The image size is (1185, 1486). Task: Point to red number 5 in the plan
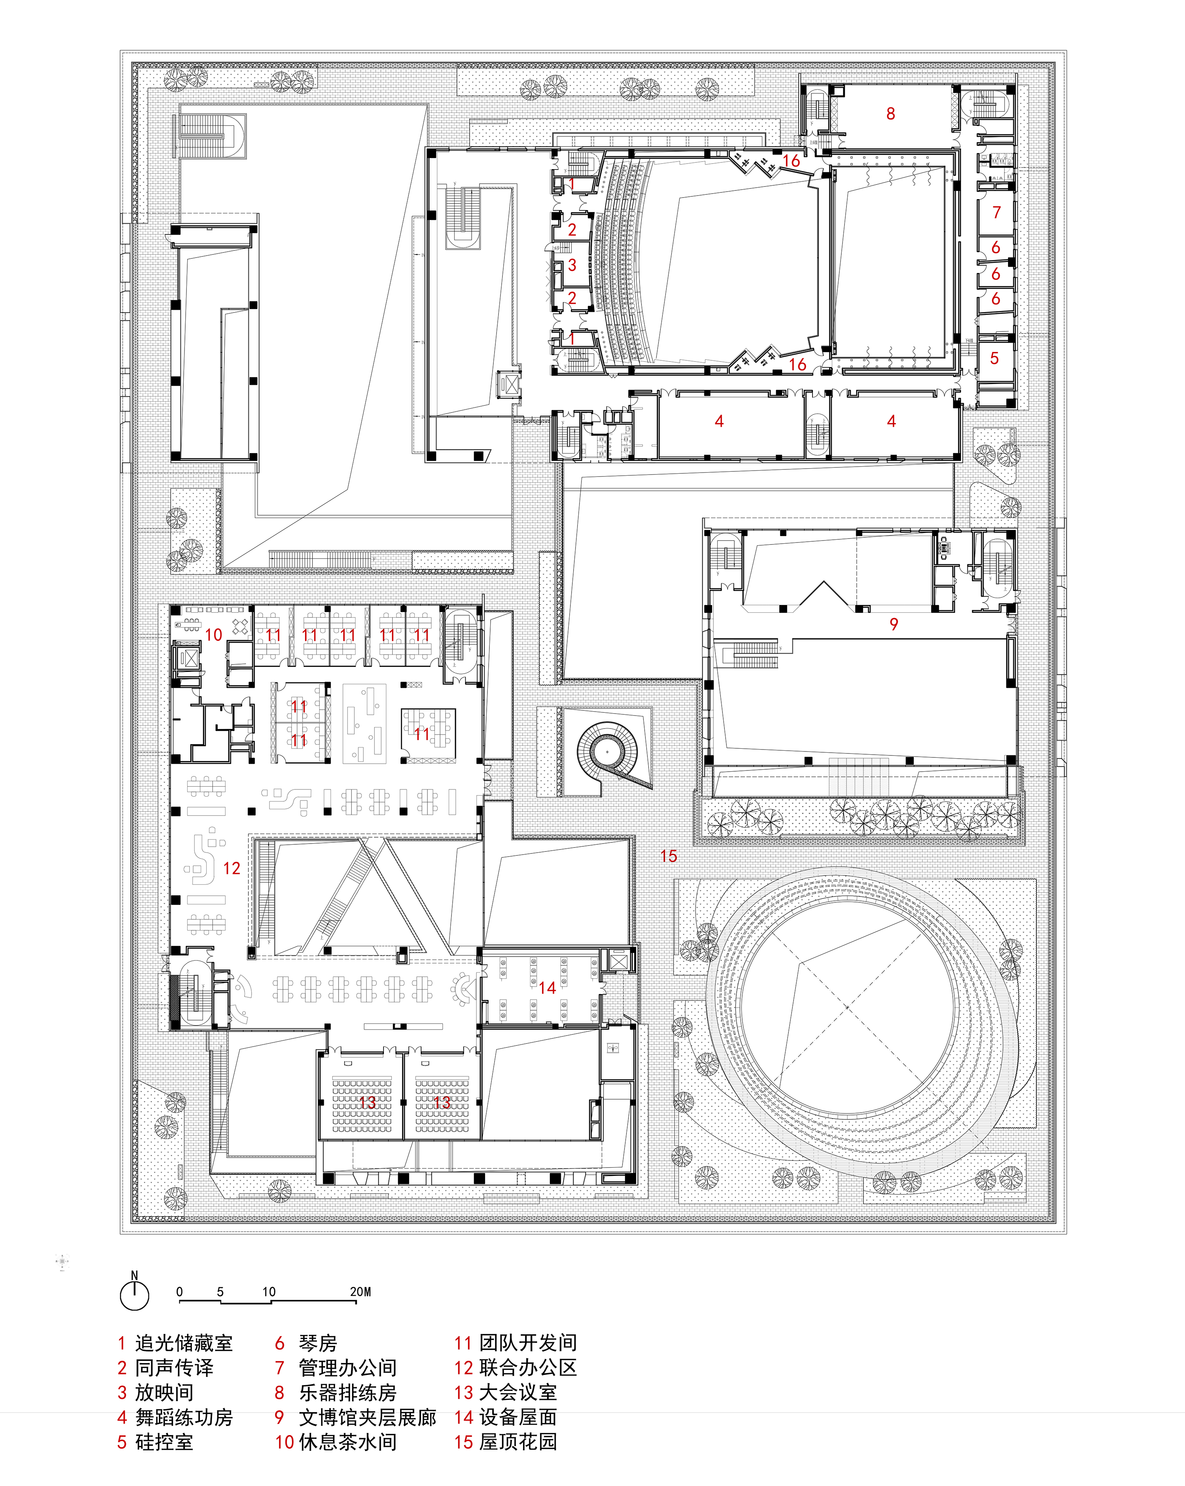point(994,358)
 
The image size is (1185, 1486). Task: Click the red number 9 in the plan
point(893,624)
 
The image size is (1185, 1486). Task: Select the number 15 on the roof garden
point(668,856)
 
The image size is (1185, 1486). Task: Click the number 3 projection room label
point(572,265)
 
